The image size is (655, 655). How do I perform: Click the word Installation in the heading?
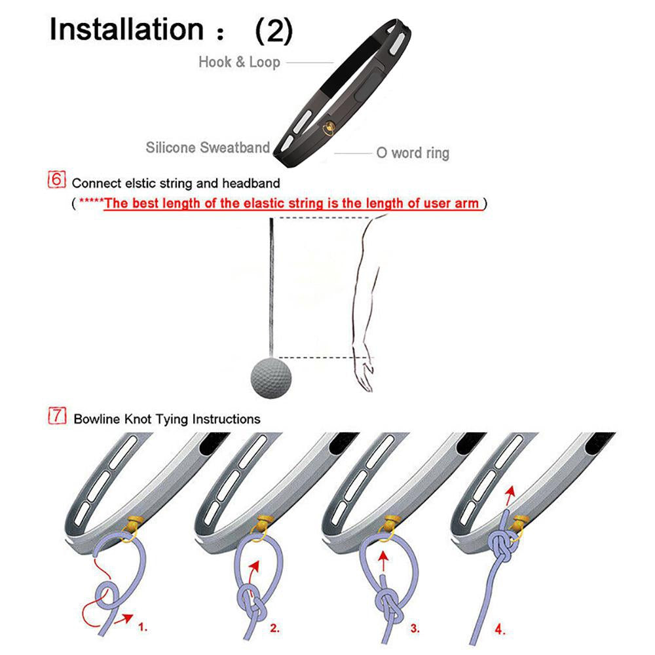coord(126,29)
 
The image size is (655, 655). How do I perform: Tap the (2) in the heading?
coord(274,30)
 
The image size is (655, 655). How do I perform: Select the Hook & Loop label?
coord(239,62)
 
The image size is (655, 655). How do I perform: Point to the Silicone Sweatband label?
coord(208,147)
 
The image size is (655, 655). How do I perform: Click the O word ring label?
coord(413,153)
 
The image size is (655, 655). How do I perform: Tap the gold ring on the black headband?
coord(329,128)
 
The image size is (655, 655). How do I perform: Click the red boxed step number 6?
coord(57,179)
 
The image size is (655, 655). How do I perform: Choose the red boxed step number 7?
coord(57,416)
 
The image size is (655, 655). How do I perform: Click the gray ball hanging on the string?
coord(271,378)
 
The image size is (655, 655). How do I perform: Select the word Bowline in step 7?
coord(97,419)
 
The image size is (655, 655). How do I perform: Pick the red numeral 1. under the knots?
coord(143,627)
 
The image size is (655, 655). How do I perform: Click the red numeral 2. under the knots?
coord(274,628)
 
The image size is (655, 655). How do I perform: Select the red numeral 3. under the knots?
coord(415,628)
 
